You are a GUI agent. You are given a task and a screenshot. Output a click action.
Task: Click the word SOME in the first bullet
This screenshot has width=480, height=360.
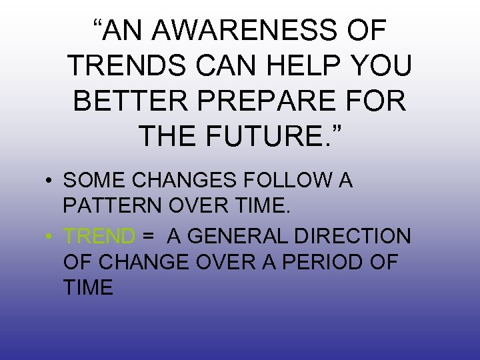(x=90, y=181)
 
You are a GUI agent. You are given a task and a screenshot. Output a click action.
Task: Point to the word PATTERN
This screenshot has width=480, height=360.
(x=109, y=206)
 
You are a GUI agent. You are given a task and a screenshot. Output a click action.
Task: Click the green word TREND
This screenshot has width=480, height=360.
(x=99, y=235)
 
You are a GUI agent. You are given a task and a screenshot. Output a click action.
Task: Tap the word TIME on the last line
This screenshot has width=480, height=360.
(x=89, y=287)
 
